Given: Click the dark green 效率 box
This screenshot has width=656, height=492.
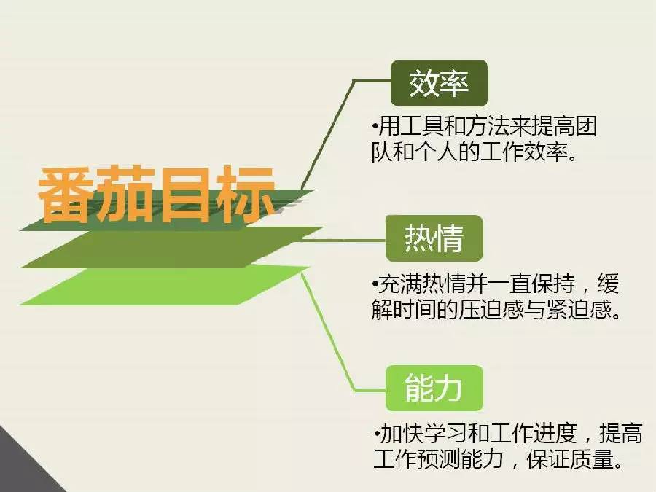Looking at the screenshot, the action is (x=439, y=83).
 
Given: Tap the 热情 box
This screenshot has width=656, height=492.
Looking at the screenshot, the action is (x=434, y=238).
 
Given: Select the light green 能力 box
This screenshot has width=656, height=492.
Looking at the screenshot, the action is (x=434, y=388).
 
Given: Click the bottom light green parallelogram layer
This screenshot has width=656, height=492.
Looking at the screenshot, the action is (x=163, y=285).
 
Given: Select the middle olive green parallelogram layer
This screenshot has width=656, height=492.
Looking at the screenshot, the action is (x=171, y=248).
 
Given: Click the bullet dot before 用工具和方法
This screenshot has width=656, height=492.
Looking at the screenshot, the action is (x=375, y=126).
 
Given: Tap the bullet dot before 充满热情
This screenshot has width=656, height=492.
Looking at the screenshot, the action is (x=375, y=284).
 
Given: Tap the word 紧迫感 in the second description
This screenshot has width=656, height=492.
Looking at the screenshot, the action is (x=579, y=310).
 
